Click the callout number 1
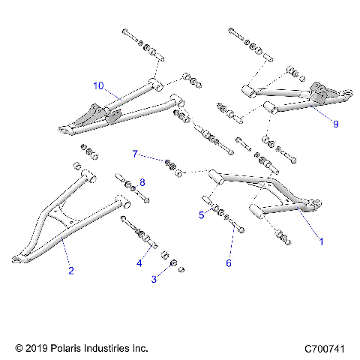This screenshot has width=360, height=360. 322,241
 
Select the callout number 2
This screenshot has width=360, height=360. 71,271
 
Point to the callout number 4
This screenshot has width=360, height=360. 139,262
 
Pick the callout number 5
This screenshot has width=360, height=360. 201,214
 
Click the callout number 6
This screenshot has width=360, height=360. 229,262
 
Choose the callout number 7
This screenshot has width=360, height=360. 135,154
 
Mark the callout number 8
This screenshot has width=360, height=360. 142,182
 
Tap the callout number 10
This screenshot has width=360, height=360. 97,85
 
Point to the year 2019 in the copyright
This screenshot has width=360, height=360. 35,349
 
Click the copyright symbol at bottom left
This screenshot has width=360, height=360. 18,349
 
